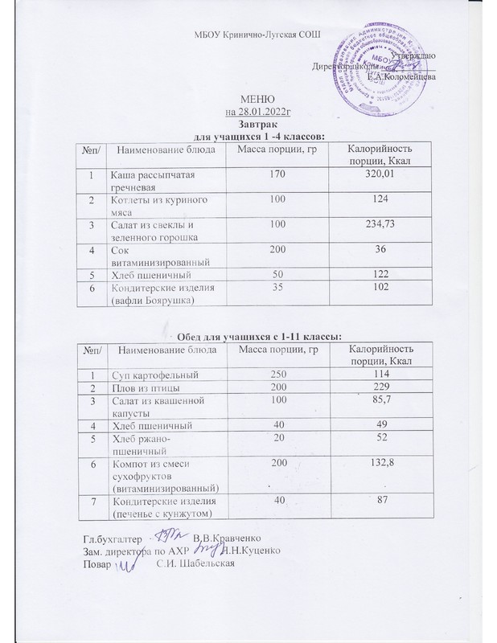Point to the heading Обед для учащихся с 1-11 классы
point(249,334)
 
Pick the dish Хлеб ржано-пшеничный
point(145,445)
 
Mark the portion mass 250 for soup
point(277,375)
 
